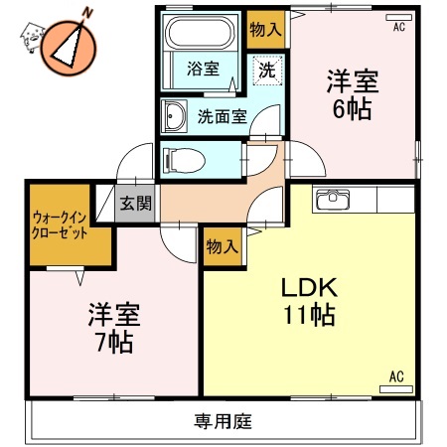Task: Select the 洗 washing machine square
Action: point(267,70)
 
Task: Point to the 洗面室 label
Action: point(222,116)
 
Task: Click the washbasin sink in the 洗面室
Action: point(175,116)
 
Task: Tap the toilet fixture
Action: point(185,157)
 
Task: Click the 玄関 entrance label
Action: point(136,204)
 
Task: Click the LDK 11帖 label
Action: point(309,302)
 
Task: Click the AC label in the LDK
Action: point(394,375)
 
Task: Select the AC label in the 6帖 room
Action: point(399,27)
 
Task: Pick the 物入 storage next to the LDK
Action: point(222,245)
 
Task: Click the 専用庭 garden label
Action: point(223,421)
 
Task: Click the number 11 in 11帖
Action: point(294,317)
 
